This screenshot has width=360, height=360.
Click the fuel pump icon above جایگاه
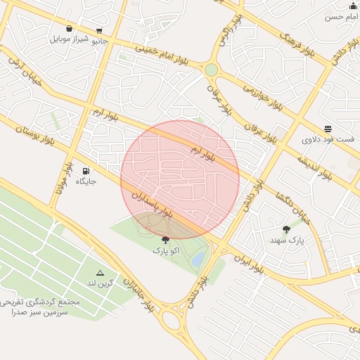[86, 171]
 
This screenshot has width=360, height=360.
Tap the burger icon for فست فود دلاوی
[328, 128]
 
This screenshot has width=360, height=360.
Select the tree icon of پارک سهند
[286, 229]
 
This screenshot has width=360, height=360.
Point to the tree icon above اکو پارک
[165, 240]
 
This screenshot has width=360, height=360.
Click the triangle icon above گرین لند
[100, 273]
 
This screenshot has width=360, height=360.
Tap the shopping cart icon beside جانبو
[99, 30]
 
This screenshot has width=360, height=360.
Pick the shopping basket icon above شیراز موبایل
[69, 28]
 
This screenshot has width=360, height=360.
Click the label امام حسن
[342, 16]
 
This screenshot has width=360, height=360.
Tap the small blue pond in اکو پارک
[198, 259]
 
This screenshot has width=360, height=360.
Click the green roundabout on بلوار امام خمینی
[211, 70]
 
